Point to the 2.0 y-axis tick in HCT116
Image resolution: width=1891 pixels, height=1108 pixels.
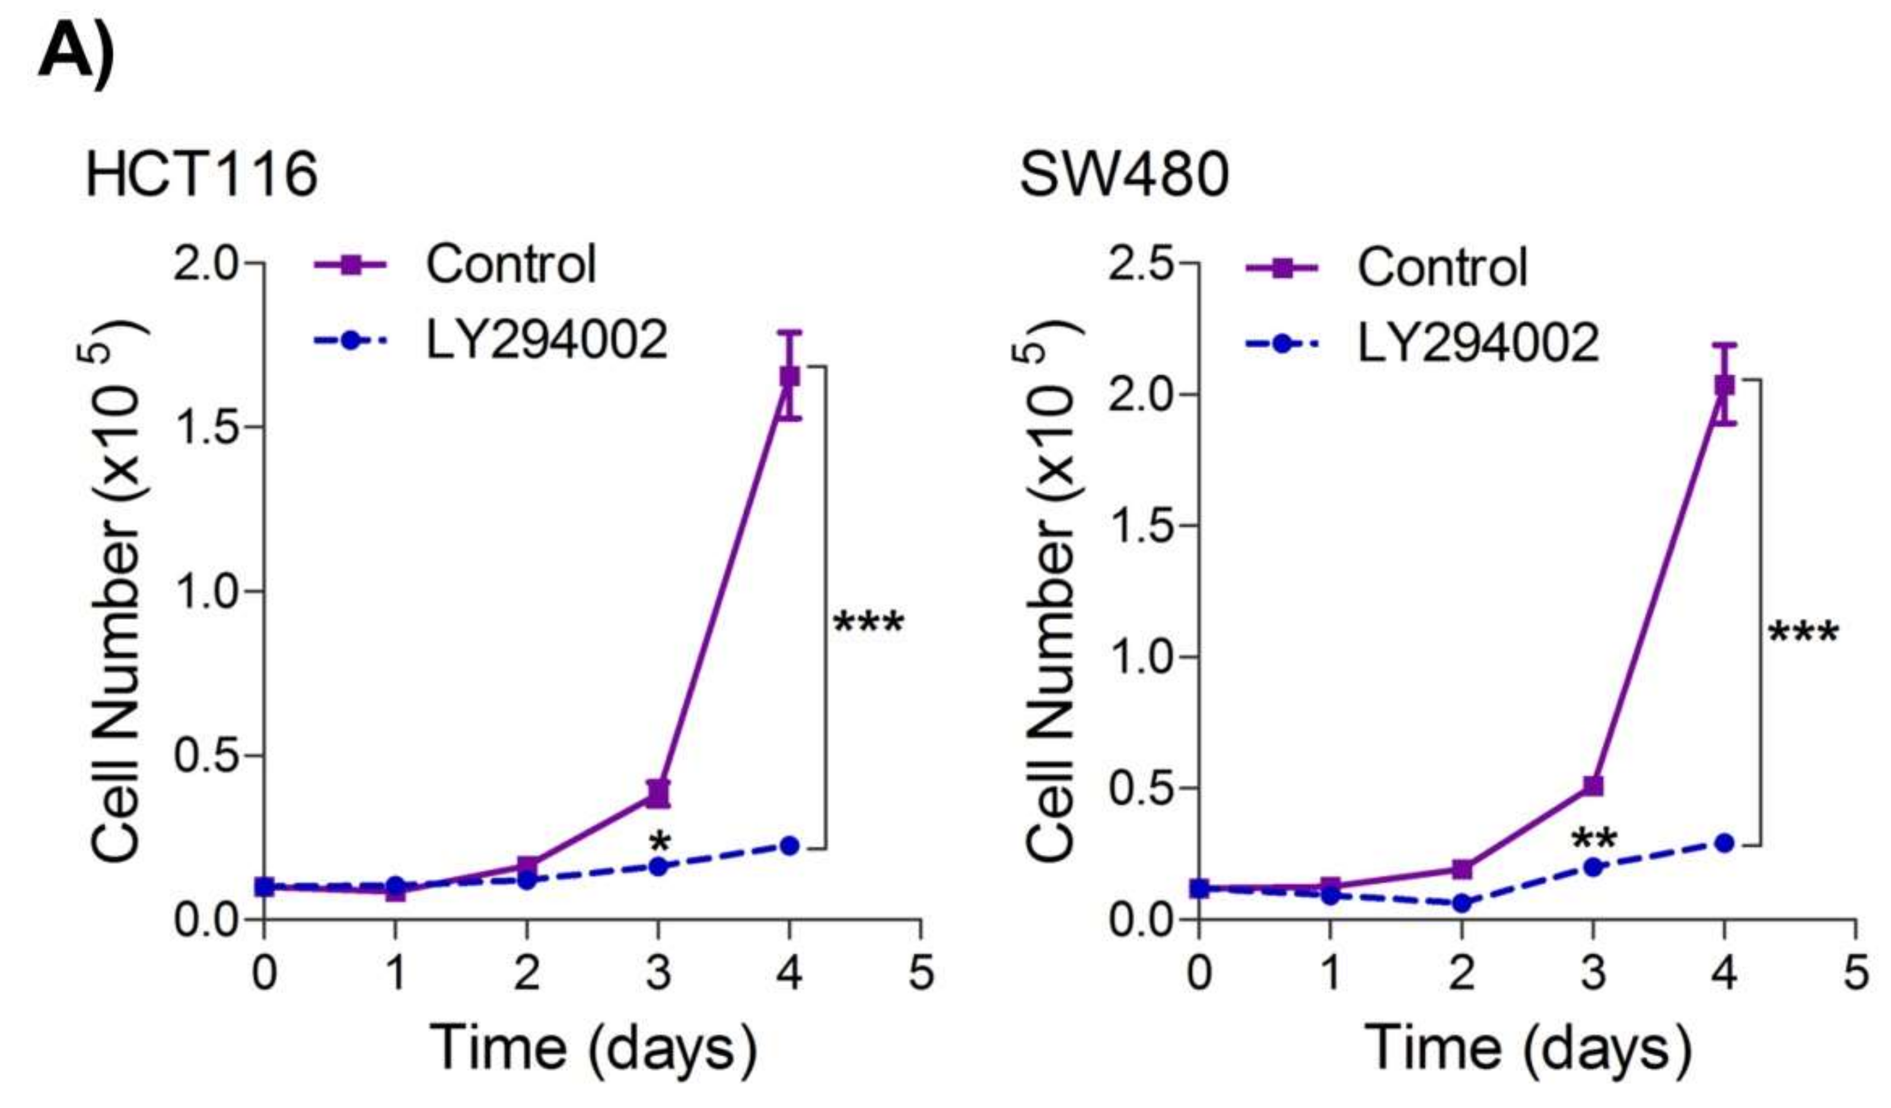click(x=205, y=264)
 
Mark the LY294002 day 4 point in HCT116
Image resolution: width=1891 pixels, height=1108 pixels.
click(x=789, y=845)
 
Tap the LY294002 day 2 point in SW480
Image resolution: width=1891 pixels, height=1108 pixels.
click(x=1462, y=903)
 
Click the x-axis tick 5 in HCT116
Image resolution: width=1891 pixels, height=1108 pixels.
click(x=921, y=973)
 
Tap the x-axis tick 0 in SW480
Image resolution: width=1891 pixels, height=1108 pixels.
click(x=1199, y=973)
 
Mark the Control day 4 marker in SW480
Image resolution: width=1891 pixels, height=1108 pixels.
click(x=1724, y=385)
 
